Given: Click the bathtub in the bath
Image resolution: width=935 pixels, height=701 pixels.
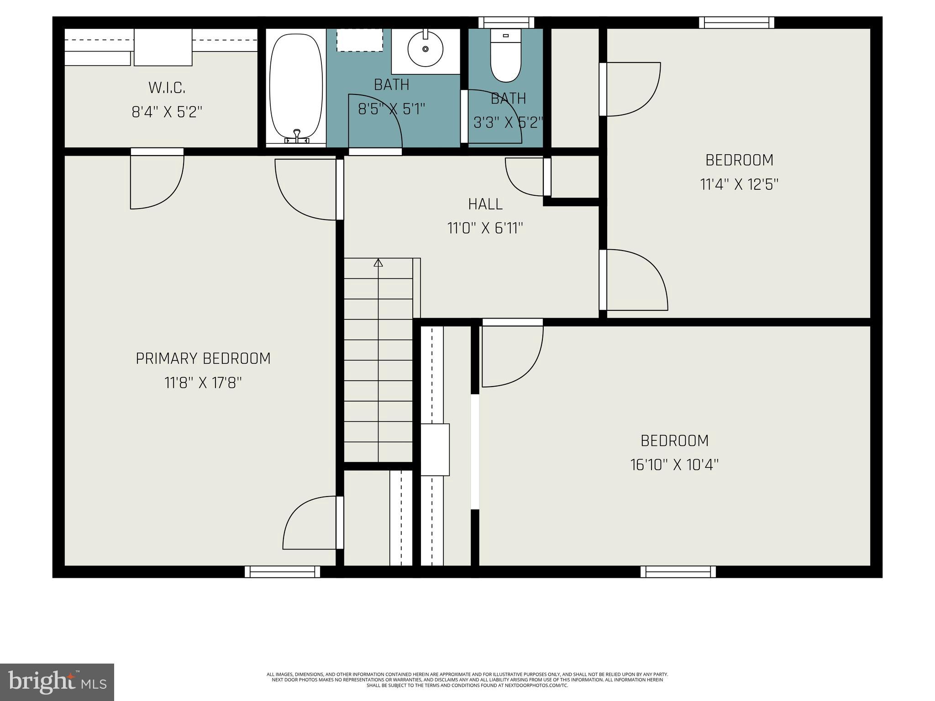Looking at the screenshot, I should tap(295, 87).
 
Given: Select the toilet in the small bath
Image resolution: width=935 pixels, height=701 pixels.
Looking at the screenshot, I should tap(505, 57).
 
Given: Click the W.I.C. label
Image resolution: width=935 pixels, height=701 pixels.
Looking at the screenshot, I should tap(167, 87).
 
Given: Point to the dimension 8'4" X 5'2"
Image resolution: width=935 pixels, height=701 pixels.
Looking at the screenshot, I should tap(167, 112).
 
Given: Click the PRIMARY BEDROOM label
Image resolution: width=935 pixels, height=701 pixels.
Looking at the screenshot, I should tap(203, 359).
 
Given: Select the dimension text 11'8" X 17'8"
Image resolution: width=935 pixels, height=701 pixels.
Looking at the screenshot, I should tap(203, 382).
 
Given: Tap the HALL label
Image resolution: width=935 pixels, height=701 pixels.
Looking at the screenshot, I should tap(485, 204).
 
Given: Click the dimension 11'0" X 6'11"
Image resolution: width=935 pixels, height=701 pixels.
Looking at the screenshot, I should tap(485, 228).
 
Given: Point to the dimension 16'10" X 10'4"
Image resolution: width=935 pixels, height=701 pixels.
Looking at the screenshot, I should tap(674, 465).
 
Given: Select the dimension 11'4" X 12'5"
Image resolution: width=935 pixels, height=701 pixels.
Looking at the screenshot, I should tap(739, 184).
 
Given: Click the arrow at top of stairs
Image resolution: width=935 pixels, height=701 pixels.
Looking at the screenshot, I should tap(378, 263).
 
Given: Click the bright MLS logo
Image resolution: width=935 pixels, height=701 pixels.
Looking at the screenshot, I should tap(57, 682).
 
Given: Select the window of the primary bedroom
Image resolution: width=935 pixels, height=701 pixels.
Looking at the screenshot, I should tap(282, 572).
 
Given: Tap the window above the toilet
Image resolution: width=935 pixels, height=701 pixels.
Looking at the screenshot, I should tap(506, 22).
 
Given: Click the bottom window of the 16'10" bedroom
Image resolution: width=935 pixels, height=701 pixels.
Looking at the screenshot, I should tap(678, 572).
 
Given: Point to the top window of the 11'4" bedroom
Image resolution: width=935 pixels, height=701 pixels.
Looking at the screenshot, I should tap(736, 22).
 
